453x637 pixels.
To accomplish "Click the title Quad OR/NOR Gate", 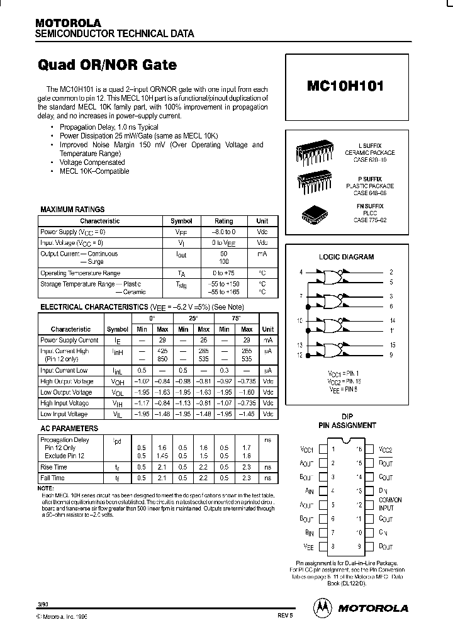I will [108, 65].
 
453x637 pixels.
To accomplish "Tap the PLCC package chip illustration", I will [314, 213].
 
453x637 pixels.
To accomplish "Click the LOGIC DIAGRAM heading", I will [346, 257].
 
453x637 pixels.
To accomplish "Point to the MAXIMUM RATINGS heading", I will [72, 210].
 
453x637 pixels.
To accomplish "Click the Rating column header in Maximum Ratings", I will [223, 221].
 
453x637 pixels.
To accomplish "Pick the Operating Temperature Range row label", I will [80, 273].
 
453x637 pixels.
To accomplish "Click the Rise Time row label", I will [53, 468].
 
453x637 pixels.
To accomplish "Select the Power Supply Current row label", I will [69, 341].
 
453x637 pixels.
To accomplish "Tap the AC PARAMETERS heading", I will [69, 429].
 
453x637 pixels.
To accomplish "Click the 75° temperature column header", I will [236, 318].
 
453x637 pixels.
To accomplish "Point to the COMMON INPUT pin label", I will [390, 503].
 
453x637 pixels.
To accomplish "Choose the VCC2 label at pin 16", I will [386, 450].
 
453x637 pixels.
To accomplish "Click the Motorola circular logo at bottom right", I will [322, 607].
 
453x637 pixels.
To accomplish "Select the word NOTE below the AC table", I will [46, 488].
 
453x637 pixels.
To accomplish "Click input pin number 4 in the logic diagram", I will [301, 272].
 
